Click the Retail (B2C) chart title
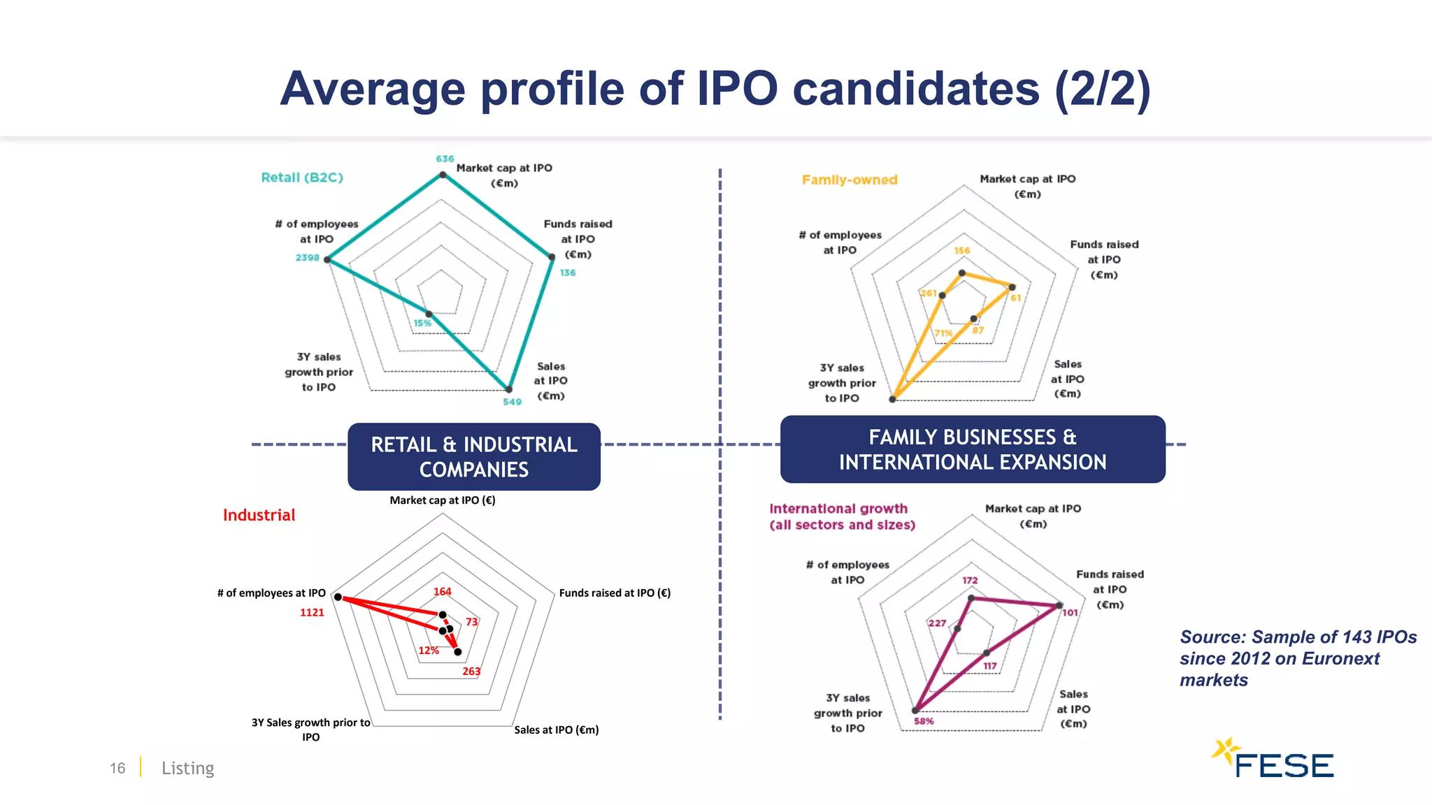[302, 177]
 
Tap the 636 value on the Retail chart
[445, 159]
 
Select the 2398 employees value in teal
[307, 258]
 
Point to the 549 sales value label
[512, 402]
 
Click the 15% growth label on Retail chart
[422, 324]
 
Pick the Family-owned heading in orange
[850, 180]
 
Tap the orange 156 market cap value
[962, 251]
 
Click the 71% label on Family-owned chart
[943, 333]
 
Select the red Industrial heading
[259, 515]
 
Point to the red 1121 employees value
[312, 613]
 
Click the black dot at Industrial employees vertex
[338, 597]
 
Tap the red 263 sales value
[471, 672]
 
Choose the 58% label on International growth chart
[924, 721]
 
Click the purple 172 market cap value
[970, 581]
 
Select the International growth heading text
[842, 516]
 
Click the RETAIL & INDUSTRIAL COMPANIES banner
[474, 456]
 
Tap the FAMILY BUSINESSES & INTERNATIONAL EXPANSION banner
[973, 449]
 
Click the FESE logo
[1274, 760]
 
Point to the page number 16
[117, 768]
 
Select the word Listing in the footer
[187, 768]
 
